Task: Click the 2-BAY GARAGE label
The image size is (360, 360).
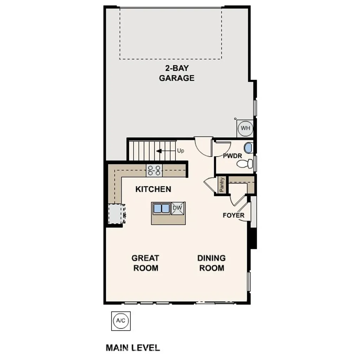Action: [176, 73]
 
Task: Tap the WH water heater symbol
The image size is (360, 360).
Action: [245, 128]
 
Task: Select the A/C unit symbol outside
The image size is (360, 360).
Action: [121, 321]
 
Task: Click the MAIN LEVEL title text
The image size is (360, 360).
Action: [133, 348]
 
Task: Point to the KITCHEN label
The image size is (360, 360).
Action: [153, 189]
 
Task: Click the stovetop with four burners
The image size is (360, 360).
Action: [154, 171]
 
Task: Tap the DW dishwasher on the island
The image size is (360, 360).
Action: [178, 209]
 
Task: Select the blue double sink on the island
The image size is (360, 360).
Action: [161, 208]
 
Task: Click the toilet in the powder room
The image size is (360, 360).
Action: [245, 163]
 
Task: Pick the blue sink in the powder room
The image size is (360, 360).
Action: [248, 148]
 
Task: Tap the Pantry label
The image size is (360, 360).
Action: [221, 185]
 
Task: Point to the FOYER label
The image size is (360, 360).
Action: [233, 215]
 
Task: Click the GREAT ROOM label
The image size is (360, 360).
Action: [145, 263]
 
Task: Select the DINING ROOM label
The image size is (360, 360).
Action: [211, 263]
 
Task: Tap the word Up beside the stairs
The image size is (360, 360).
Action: [181, 151]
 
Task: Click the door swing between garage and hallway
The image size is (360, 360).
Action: [203, 147]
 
